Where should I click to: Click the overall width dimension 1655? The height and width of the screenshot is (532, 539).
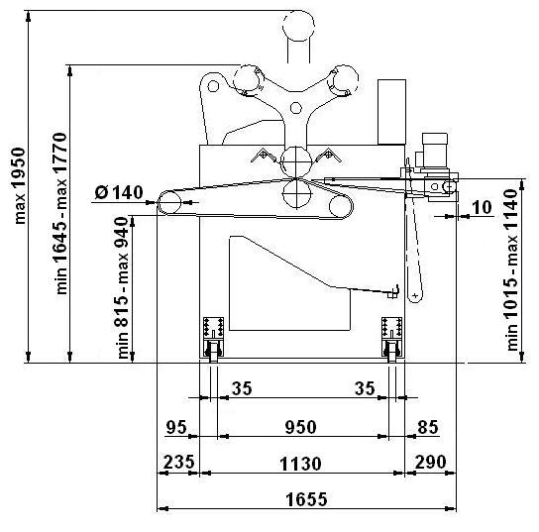(306, 499)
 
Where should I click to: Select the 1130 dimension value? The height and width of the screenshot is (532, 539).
(301, 464)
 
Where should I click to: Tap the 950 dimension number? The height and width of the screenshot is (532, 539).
(301, 428)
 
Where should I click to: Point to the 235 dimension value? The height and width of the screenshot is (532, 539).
(178, 462)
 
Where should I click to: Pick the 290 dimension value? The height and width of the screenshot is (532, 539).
(431, 462)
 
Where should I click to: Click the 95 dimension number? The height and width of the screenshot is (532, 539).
(176, 428)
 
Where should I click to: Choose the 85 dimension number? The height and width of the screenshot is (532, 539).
(428, 428)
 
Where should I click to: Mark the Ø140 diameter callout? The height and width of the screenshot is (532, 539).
(119, 192)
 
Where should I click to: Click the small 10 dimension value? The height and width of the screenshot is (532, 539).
(482, 207)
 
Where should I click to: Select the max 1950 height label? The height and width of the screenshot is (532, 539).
(20, 186)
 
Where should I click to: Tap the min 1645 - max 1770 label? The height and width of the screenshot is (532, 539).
(60, 213)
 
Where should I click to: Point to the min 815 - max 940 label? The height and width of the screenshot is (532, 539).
(123, 288)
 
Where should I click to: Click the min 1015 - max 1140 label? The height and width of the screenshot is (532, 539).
(512, 269)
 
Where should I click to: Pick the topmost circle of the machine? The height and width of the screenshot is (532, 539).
(298, 26)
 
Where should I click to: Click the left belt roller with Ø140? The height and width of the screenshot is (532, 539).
(169, 203)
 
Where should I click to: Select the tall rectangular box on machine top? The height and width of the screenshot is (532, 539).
(392, 112)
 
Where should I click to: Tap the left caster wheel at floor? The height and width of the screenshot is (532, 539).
(213, 352)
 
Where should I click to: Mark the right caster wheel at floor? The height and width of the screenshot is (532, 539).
(392, 352)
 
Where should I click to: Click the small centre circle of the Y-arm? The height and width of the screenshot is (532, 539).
(296, 108)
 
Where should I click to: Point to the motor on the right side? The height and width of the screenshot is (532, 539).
(435, 151)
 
